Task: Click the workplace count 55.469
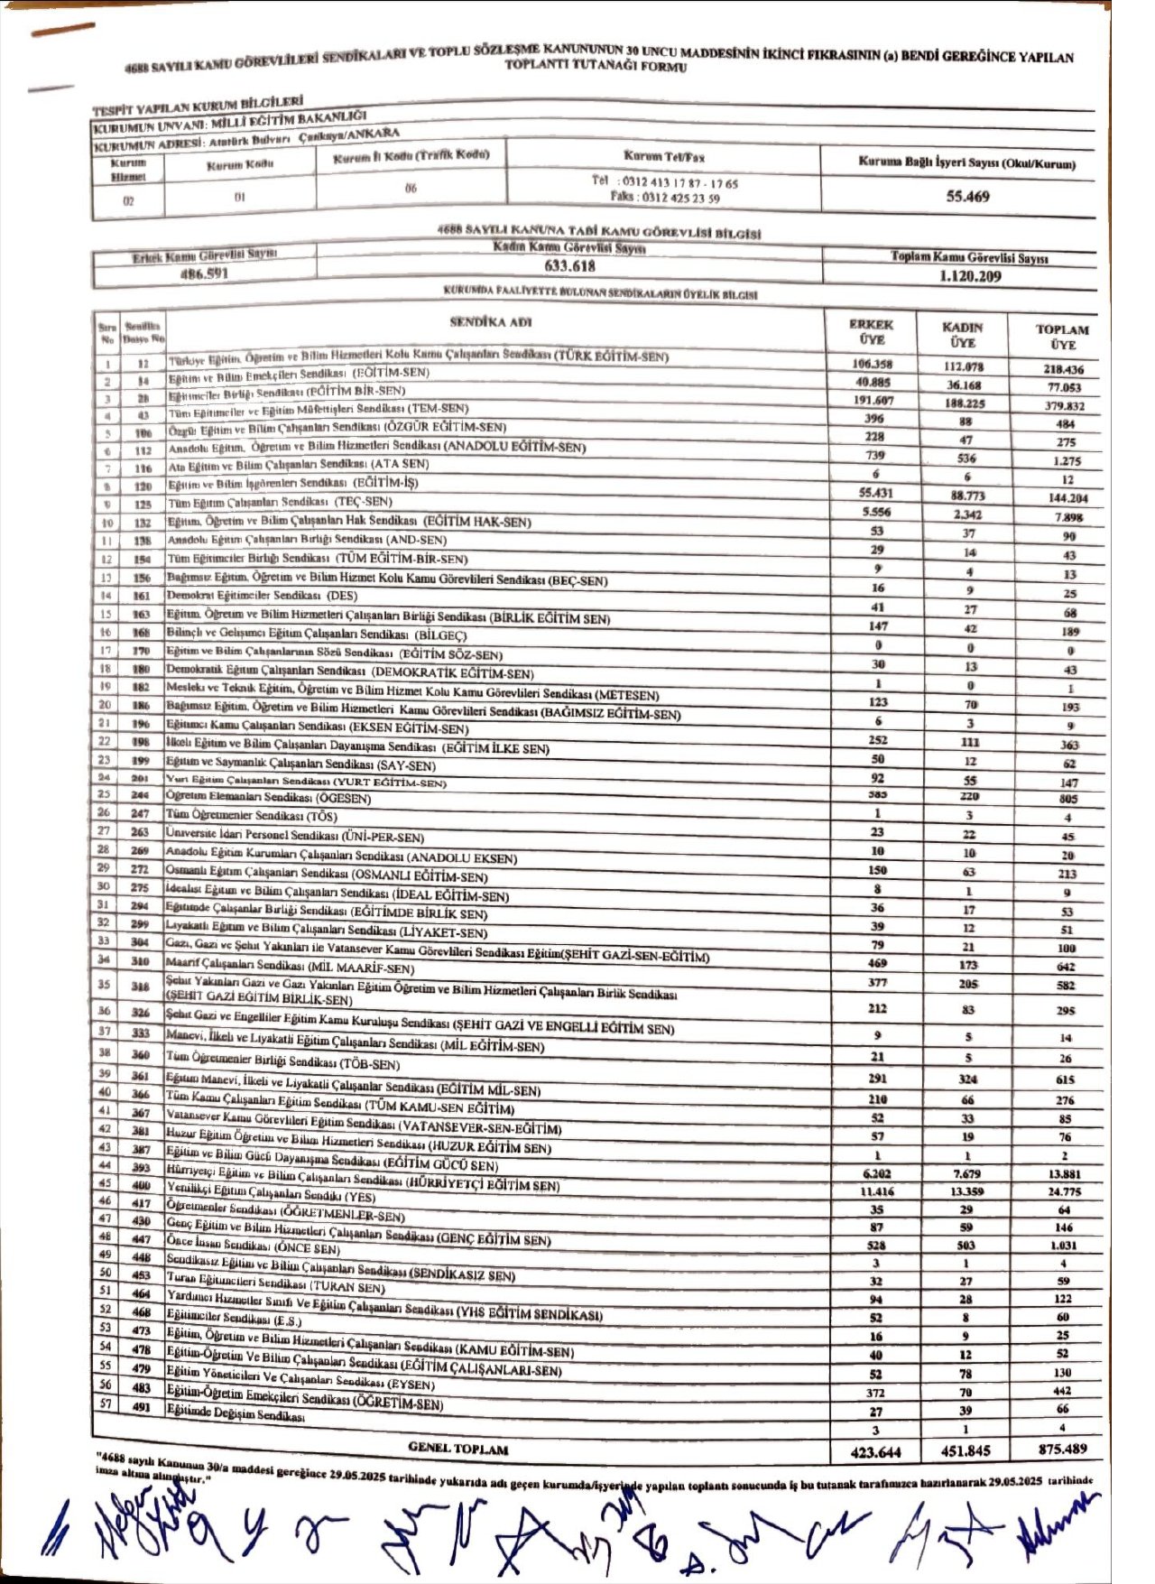[967, 196]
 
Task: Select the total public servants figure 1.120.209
[970, 276]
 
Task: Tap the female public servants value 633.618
[569, 265]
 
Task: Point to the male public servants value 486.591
[205, 273]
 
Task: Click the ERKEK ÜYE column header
[872, 332]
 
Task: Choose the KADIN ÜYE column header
[962, 335]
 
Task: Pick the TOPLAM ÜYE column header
[1062, 337]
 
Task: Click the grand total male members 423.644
[875, 1452]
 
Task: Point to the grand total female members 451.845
[966, 1451]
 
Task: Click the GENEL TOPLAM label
[458, 1448]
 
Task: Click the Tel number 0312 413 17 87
[666, 182]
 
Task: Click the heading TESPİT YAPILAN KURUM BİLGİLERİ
[198, 106]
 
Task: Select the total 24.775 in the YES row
[1063, 1191]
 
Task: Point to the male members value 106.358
[872, 364]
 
